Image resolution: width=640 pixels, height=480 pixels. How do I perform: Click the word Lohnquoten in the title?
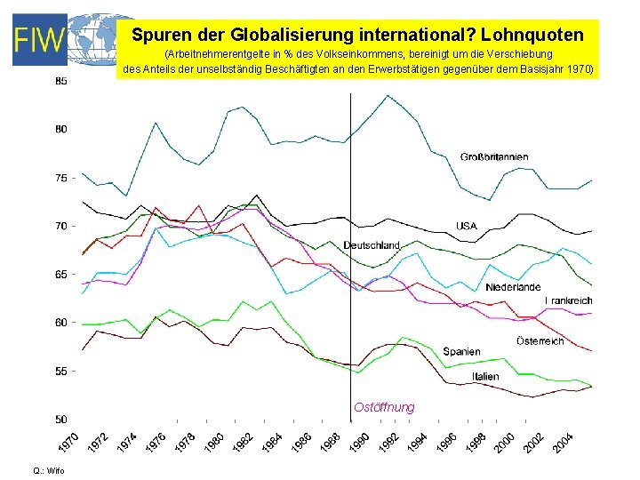coord(538,36)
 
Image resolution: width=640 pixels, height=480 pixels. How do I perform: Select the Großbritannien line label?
coord(494,157)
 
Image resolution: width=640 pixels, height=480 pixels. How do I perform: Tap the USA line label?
coord(467,226)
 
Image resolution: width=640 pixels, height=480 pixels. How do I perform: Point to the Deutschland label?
coord(372,245)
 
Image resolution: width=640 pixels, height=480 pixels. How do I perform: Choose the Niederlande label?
coord(513,287)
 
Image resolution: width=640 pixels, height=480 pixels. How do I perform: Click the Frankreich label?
coord(568,301)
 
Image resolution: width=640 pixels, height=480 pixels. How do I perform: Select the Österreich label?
coord(540,341)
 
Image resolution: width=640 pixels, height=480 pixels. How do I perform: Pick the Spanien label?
coord(461,352)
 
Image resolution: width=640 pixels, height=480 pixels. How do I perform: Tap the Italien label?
coord(485,377)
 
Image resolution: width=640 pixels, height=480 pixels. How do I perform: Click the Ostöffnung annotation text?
coord(384,407)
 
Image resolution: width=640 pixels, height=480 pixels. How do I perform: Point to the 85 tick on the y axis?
coord(60,81)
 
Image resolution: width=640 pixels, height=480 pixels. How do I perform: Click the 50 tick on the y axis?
coord(60,419)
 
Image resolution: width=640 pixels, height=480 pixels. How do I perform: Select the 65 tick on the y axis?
coord(60,275)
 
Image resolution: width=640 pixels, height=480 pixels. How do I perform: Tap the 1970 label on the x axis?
coord(69,441)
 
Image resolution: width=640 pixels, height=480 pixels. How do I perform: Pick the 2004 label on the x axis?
coord(564,441)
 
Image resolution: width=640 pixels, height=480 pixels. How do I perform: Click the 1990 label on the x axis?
coord(360,441)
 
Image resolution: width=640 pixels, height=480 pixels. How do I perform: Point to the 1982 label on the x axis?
coord(244,441)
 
